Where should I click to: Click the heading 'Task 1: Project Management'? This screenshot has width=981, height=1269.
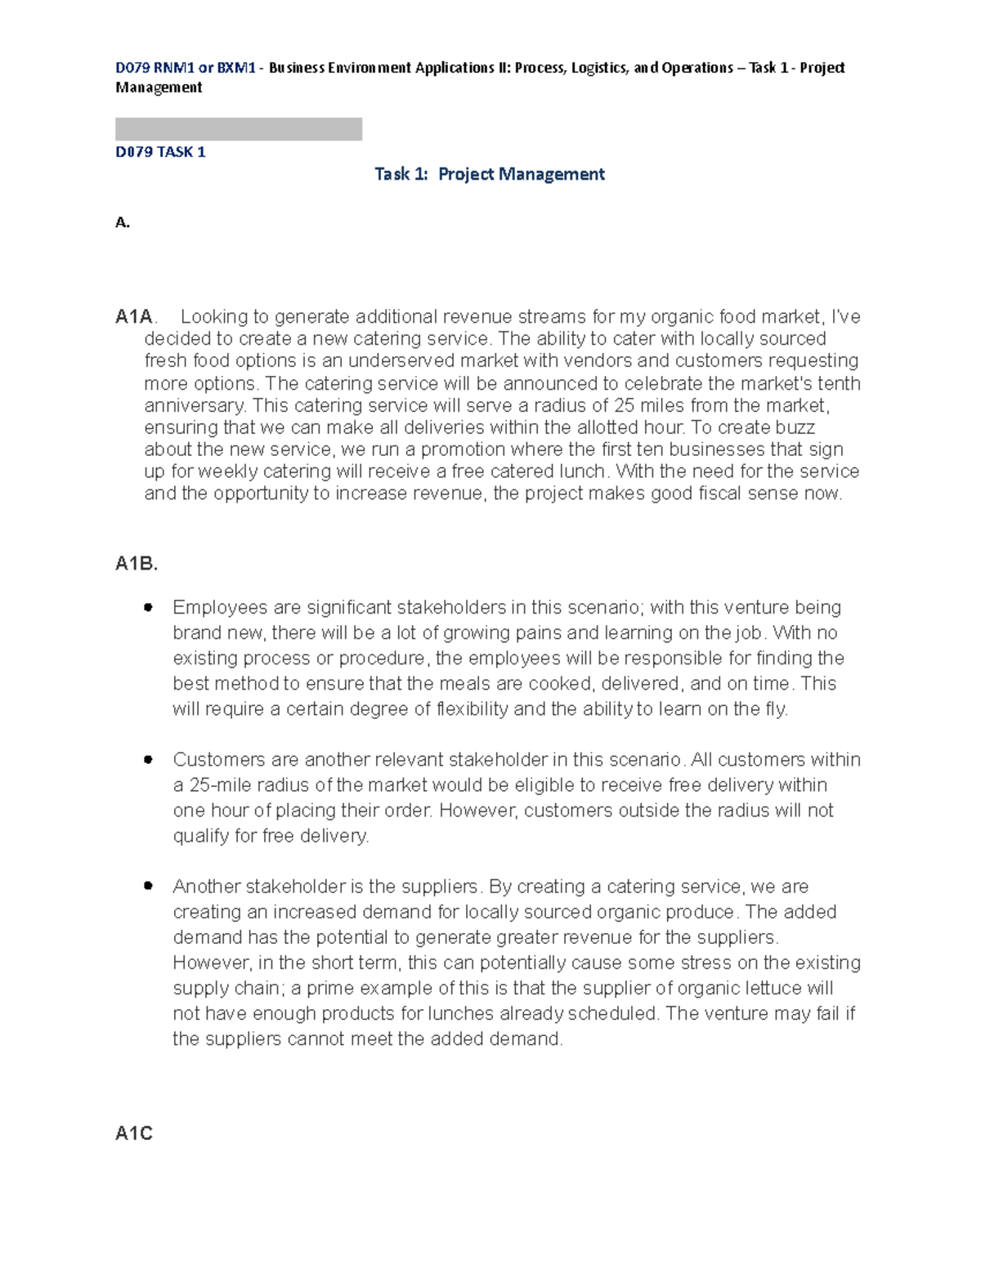click(x=489, y=174)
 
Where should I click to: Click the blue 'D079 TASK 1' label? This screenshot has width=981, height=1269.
click(x=160, y=152)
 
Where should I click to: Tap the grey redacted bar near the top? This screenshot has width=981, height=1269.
click(x=238, y=129)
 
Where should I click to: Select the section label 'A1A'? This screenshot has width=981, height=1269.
click(x=134, y=317)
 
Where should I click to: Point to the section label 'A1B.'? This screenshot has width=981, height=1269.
click(x=137, y=564)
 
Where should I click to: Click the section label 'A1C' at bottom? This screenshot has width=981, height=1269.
click(x=134, y=1133)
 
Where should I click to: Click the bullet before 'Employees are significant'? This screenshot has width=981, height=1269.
click(x=148, y=607)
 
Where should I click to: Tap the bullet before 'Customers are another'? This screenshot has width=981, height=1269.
click(x=148, y=759)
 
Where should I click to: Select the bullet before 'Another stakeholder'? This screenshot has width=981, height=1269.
click(x=148, y=886)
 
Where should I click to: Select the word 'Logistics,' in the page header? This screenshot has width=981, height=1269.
click(x=600, y=68)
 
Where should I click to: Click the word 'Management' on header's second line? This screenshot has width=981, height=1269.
click(x=159, y=87)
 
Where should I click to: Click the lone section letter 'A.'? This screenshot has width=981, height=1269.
click(x=123, y=222)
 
